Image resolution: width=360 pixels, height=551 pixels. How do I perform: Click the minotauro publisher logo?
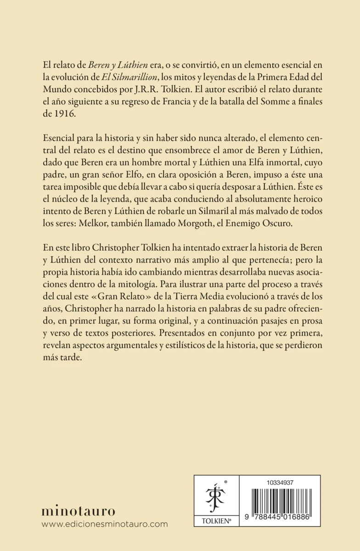click(79, 511)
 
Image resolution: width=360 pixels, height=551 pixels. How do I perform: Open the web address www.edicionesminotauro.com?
click(105, 524)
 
